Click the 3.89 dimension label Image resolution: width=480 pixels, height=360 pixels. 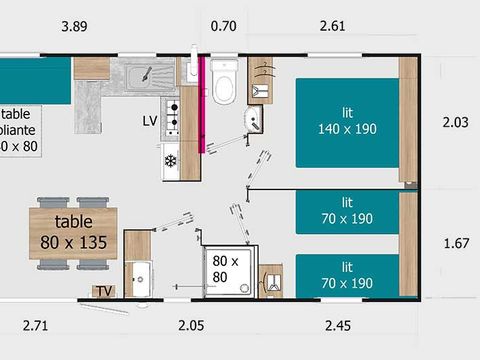coord(73,25)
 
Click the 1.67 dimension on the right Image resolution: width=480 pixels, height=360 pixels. coord(456,243)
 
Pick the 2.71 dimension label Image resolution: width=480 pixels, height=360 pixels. coord(37,324)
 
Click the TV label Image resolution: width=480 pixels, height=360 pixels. coord(103,291)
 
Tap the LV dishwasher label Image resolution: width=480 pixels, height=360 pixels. coord(150,120)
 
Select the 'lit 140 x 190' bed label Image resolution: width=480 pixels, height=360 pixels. coord(346,121)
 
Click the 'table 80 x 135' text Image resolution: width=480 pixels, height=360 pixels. coord(74,231)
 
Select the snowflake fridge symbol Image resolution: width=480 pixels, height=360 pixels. coord(170,160)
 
